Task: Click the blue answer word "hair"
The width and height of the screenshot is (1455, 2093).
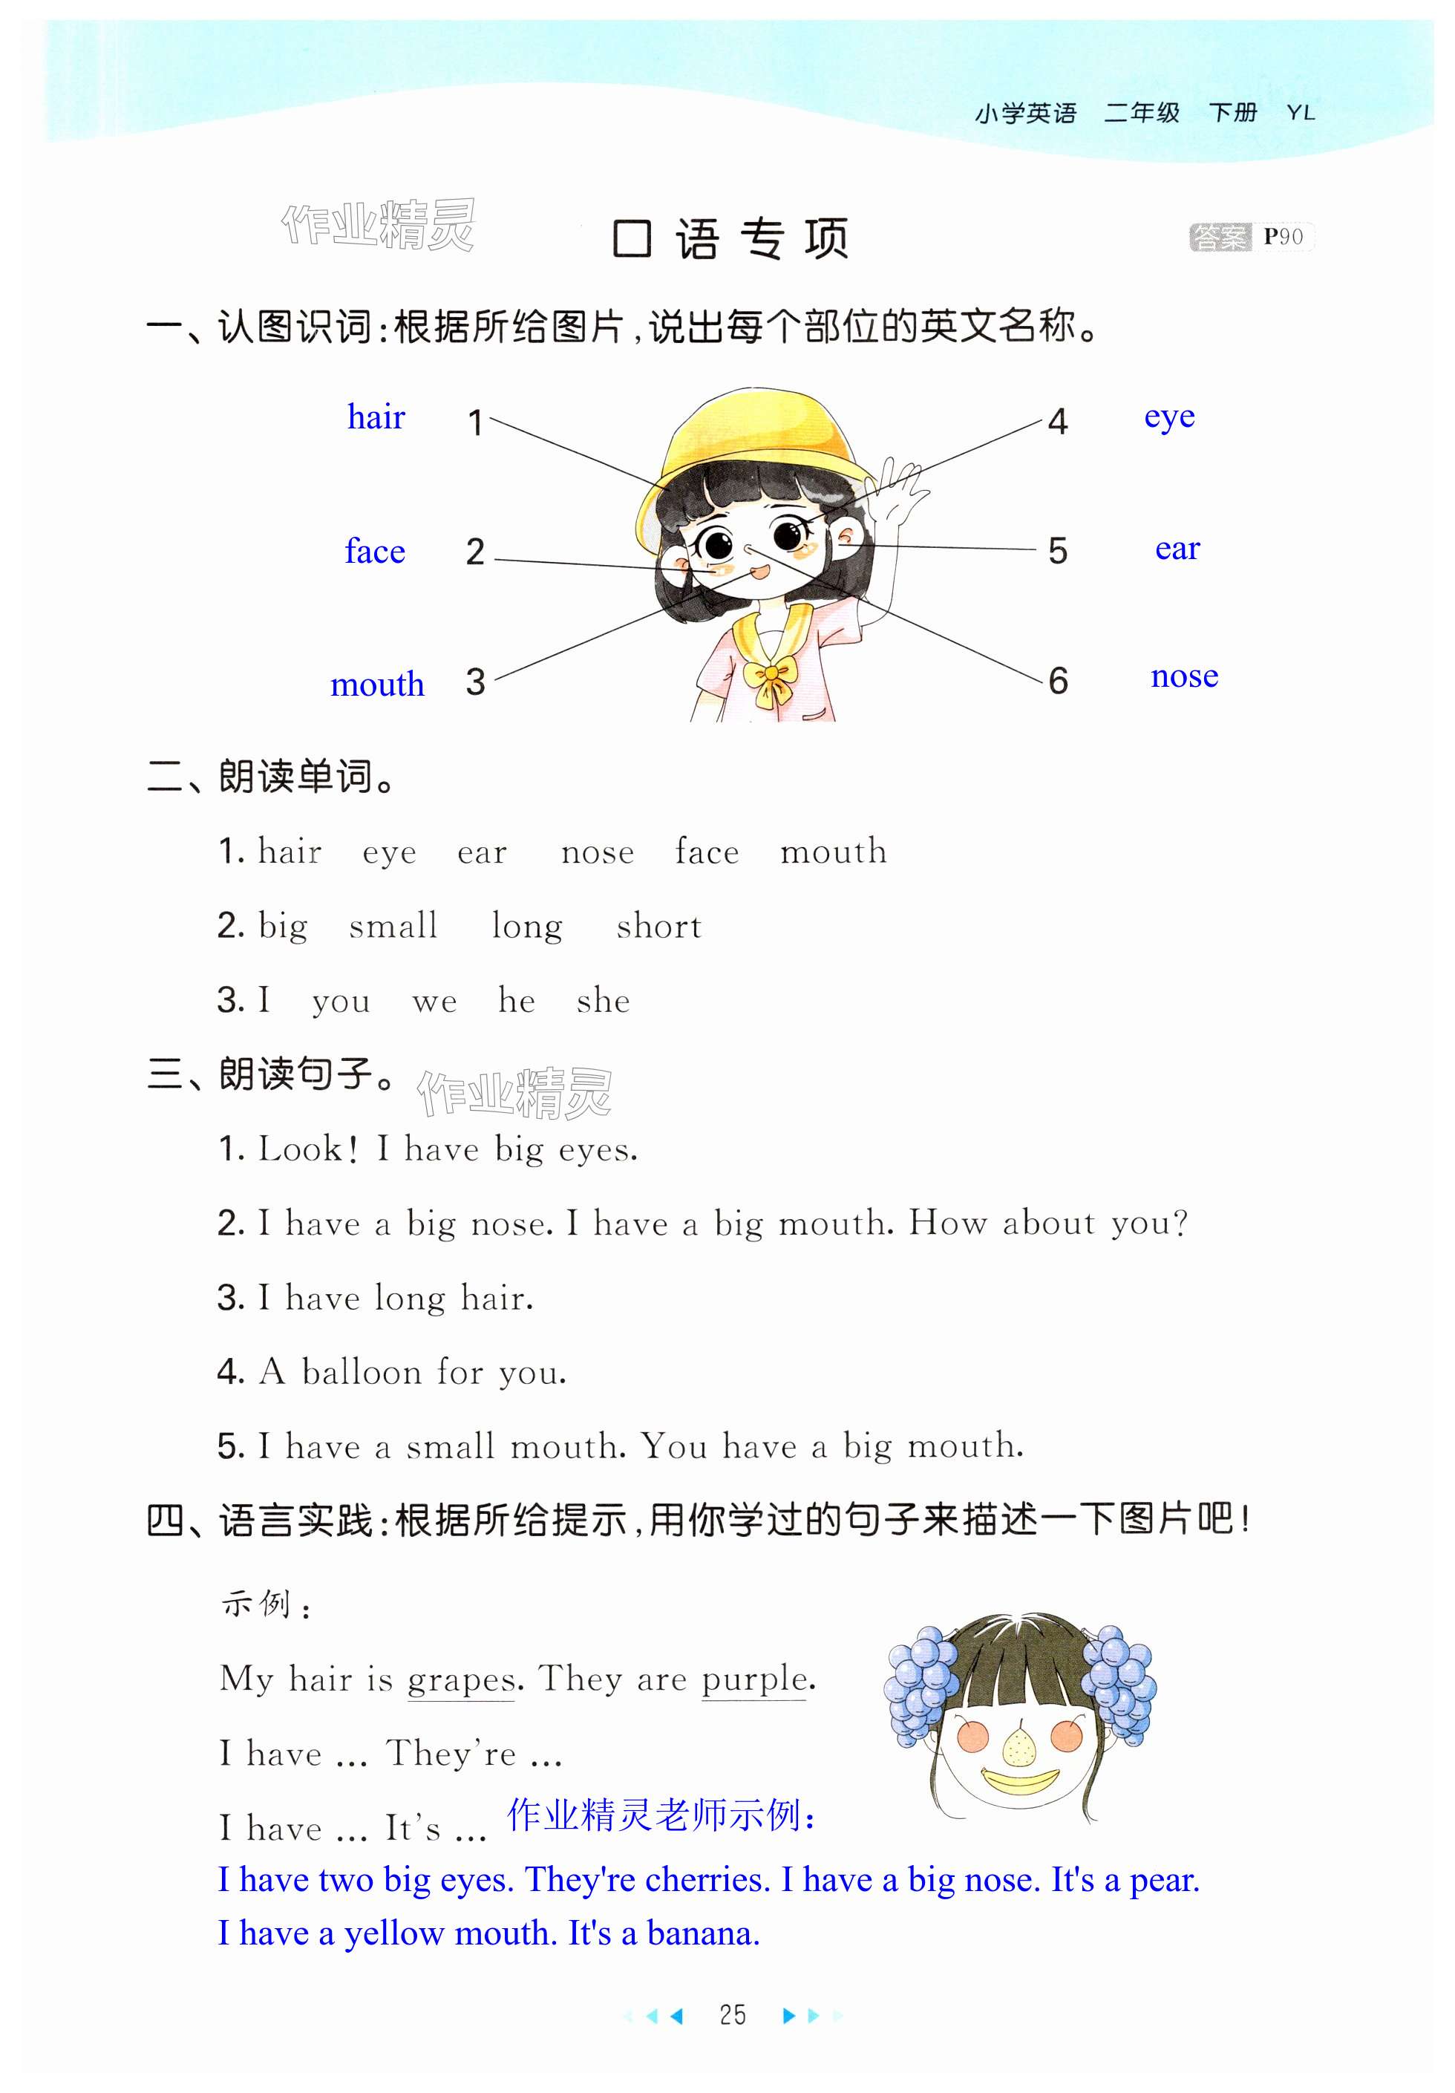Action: point(376,417)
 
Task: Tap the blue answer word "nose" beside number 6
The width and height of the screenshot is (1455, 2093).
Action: point(1183,676)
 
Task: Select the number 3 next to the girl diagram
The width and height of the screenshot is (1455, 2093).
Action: point(475,682)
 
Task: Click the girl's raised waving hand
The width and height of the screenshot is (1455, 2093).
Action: point(898,492)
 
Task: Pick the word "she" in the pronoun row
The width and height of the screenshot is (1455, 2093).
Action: point(603,1001)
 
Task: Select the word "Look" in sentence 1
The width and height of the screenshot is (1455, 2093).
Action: point(300,1149)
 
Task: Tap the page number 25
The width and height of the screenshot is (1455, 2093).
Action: point(732,2014)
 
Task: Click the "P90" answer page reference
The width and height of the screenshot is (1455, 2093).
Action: point(1283,237)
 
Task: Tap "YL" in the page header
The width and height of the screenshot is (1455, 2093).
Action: point(1300,113)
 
